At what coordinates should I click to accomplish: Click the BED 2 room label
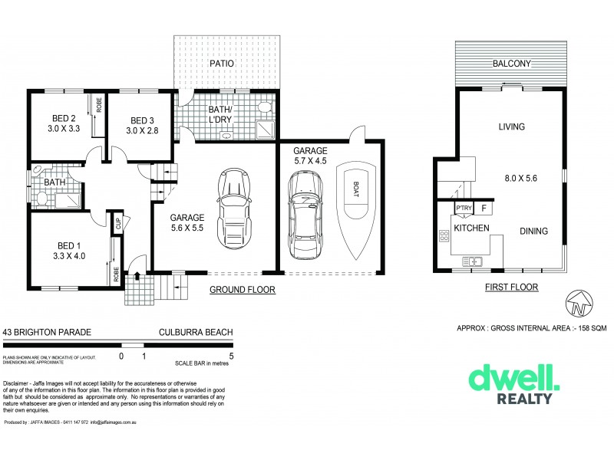(x=63, y=118)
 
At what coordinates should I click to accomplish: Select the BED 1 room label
(x=67, y=245)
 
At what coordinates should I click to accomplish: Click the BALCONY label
(x=512, y=64)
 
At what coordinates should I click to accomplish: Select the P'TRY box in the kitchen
(x=464, y=209)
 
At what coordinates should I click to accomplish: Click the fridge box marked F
(x=484, y=208)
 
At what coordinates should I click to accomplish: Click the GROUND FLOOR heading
(x=243, y=291)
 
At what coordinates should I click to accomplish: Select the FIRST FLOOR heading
(x=512, y=287)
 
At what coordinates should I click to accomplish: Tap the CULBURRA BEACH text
(x=195, y=331)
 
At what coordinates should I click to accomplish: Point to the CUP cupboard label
(x=118, y=224)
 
